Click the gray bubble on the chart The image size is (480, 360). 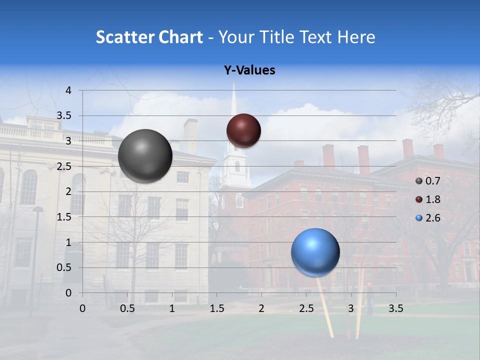(145, 156)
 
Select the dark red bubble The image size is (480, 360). (243, 130)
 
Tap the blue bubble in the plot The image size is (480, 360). (315, 252)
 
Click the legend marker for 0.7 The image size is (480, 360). (419, 181)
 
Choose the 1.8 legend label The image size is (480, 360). (433, 199)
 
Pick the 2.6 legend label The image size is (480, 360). (433, 218)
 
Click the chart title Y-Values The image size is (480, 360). (249, 70)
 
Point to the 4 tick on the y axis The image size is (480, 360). (68, 90)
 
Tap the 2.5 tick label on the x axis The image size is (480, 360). (306, 309)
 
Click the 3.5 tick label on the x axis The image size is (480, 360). (395, 309)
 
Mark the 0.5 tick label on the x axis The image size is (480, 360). (127, 309)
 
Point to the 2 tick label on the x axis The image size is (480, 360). (261, 309)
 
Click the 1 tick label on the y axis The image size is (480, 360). (68, 242)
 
